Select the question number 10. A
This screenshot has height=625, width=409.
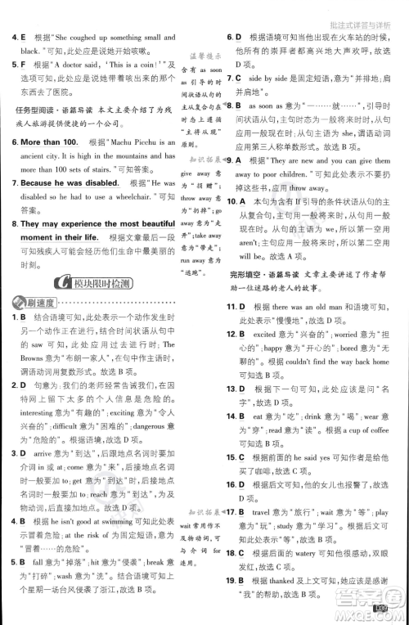click(236, 201)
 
